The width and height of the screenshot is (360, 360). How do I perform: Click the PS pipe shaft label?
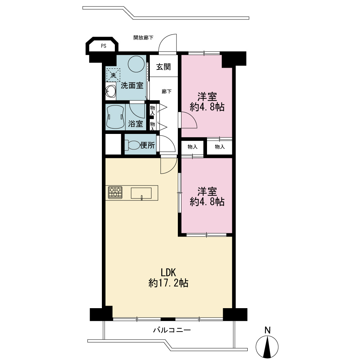click(x=104, y=46)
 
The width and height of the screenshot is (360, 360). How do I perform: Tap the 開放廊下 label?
click(x=144, y=37)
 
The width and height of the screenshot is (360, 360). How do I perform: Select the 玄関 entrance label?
click(x=163, y=67)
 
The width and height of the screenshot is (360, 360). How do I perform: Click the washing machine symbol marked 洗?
click(x=113, y=75)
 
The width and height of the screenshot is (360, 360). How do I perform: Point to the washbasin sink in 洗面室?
click(x=111, y=91)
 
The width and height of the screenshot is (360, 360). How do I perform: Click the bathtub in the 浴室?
click(x=115, y=117)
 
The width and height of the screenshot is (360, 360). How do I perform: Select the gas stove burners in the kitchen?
click(x=115, y=192)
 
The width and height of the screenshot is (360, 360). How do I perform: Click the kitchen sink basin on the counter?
click(x=141, y=193)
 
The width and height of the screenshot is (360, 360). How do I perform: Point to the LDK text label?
click(x=168, y=273)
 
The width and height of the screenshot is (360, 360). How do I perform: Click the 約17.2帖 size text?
click(x=168, y=283)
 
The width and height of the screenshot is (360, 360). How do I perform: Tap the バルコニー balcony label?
click(x=172, y=330)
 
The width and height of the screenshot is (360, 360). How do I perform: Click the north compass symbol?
click(x=267, y=347)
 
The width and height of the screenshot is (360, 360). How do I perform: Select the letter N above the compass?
click(x=267, y=330)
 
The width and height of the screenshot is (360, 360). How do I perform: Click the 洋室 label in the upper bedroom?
click(x=207, y=96)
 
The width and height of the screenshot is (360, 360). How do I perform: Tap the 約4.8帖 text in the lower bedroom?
click(x=207, y=202)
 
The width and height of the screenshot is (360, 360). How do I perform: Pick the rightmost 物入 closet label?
click(x=220, y=147)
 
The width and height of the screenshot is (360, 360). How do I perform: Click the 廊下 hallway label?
click(x=167, y=91)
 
